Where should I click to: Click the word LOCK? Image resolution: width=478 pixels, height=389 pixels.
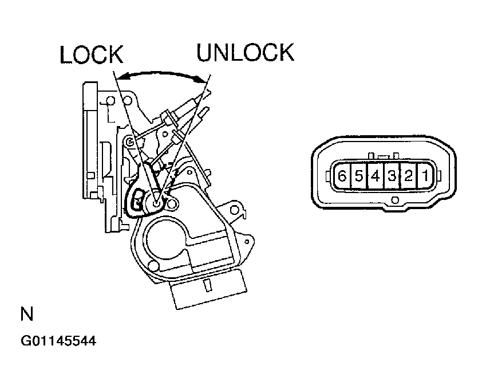click(92, 55)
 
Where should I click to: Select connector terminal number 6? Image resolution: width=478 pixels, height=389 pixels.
click(342, 176)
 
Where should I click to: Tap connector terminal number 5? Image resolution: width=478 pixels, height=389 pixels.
click(358, 176)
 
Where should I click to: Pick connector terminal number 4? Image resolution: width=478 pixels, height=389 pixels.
click(375, 176)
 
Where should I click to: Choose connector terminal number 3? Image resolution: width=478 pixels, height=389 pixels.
click(392, 176)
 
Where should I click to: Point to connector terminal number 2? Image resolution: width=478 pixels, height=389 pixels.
click(408, 176)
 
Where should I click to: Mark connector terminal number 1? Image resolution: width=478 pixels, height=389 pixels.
click(425, 176)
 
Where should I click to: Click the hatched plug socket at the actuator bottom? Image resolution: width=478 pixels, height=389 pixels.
click(209, 289)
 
